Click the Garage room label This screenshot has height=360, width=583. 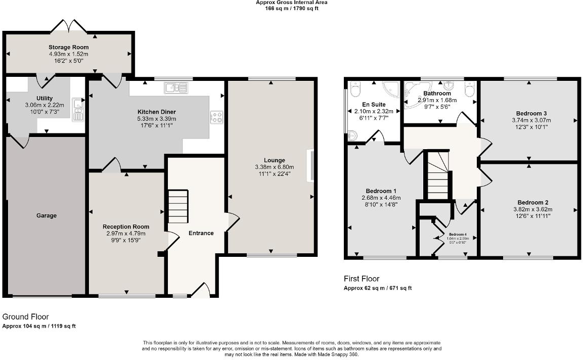[47, 215]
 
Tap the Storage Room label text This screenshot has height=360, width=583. [69, 48]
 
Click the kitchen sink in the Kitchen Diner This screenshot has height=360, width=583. [175, 88]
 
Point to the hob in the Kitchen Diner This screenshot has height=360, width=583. [217, 117]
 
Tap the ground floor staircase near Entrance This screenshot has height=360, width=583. [177, 206]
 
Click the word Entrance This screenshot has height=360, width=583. [201, 233]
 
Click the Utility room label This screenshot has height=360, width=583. [44, 98]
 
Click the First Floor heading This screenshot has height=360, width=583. [361, 279]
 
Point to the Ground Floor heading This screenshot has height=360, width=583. [25, 317]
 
